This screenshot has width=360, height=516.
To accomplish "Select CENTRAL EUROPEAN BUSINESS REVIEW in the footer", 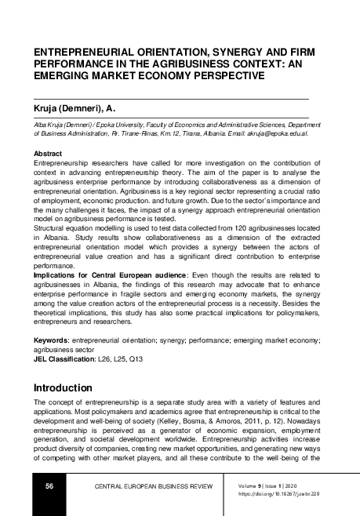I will [153, 487].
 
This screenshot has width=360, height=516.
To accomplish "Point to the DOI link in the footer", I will [289, 493].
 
